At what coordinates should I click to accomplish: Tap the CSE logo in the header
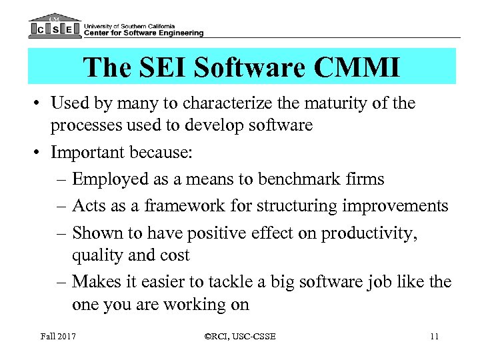pyautogui.click(x=55, y=27)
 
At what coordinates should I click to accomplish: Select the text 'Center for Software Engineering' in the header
pyautogui.click(x=144, y=32)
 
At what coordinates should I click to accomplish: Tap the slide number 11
pyautogui.click(x=434, y=336)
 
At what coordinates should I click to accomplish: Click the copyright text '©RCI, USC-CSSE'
pyautogui.click(x=239, y=336)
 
